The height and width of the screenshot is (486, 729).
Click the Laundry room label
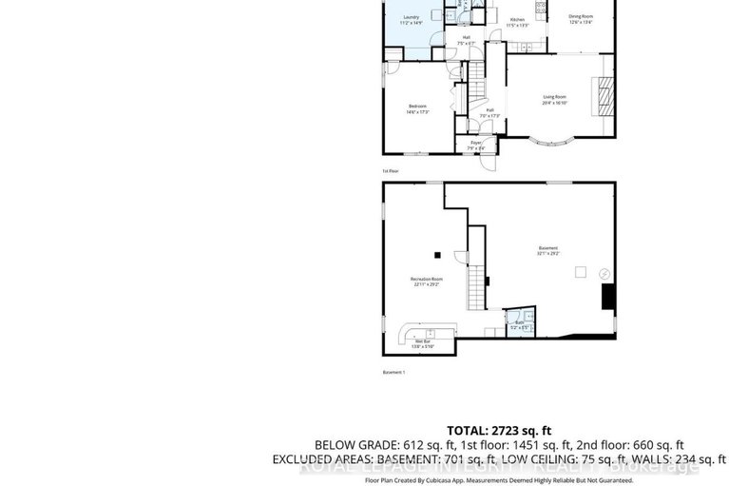pyautogui.click(x=412, y=19)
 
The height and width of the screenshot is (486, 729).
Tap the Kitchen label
pyautogui.click(x=517, y=21)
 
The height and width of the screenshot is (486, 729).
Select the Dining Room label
pyautogui.click(x=581, y=18)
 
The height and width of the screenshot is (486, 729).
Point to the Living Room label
pyautogui.click(x=555, y=99)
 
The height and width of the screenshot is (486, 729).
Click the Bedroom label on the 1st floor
pyautogui.click(x=418, y=108)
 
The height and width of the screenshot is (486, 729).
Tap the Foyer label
pyautogui.click(x=475, y=145)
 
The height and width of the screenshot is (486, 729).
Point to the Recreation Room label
pyautogui.click(x=423, y=282)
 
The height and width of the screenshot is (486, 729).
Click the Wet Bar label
pyautogui.click(x=421, y=346)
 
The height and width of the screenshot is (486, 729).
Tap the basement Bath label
pyautogui.click(x=519, y=324)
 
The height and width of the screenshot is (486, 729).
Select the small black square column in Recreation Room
pyautogui.click(x=437, y=254)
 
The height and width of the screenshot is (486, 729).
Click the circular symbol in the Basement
pyautogui.click(x=603, y=274)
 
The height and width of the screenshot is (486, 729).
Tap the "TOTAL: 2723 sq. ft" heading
pyautogui.click(x=499, y=430)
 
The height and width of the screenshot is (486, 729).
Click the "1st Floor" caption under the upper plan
pyautogui.click(x=391, y=171)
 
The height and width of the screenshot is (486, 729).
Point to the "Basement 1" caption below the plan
pyautogui.click(x=393, y=372)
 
